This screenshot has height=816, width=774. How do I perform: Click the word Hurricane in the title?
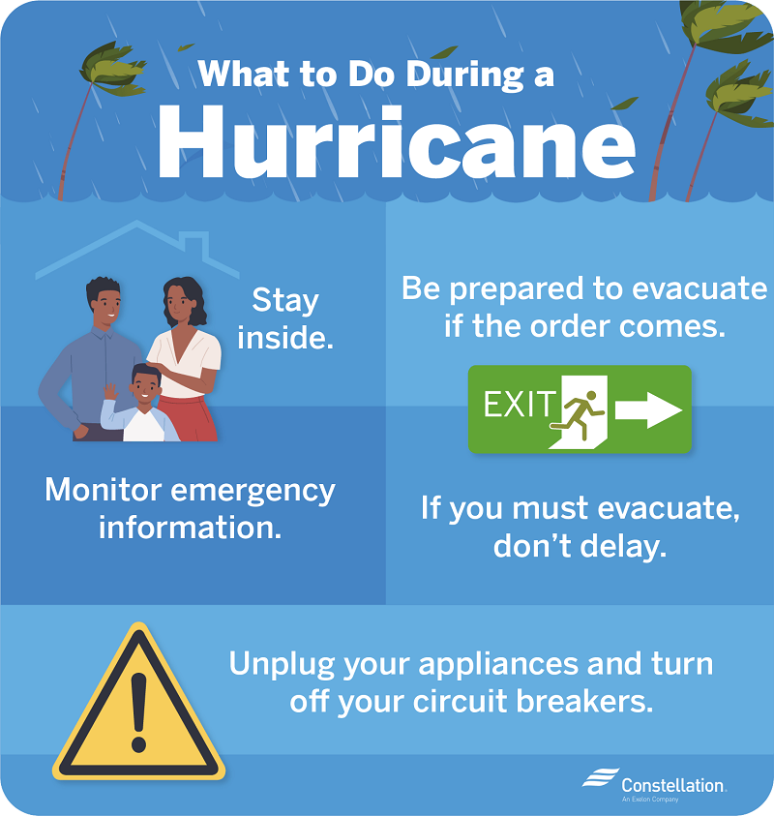point(397,145)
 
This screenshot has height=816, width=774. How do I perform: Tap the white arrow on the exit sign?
point(649,409)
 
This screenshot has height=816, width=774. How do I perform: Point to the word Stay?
point(284,300)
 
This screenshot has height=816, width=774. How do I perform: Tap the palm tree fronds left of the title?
point(105,68)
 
